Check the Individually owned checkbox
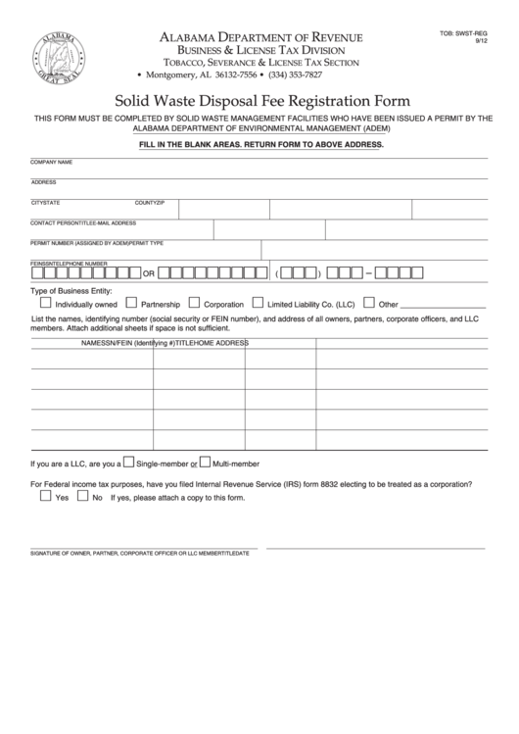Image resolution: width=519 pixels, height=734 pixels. [45, 304]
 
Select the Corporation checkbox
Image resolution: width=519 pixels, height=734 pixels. [194, 304]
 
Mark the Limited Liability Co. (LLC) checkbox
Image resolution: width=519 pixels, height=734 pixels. [259, 304]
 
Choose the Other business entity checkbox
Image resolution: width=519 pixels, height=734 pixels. [369, 304]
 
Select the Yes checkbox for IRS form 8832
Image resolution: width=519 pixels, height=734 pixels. [45, 497]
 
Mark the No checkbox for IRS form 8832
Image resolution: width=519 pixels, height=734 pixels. [82, 497]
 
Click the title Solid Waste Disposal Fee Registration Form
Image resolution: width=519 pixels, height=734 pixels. [262, 100]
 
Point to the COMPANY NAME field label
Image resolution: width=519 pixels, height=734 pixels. [52, 161]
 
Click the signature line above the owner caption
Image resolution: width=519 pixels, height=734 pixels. [144, 548]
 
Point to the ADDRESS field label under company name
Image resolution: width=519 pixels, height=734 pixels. [44, 181]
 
